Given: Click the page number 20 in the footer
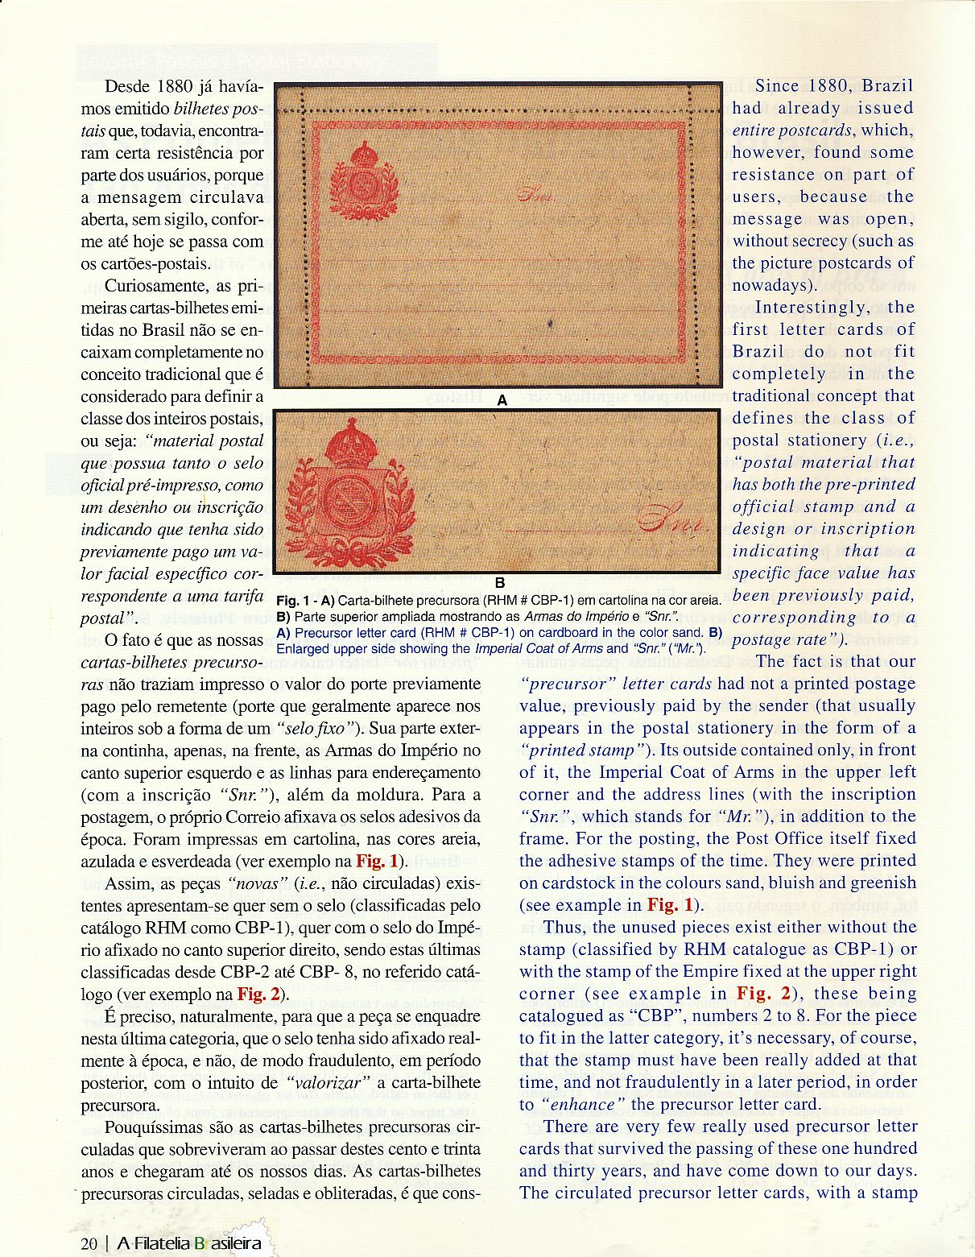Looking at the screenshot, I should (x=89, y=1243).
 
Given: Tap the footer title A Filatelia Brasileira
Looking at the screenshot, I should (x=189, y=1243).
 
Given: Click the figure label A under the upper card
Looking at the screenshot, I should (x=502, y=399).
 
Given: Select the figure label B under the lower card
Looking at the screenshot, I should (x=499, y=582).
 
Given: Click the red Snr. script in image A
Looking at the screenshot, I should (x=534, y=194).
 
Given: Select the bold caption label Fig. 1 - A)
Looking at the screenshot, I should (x=305, y=601).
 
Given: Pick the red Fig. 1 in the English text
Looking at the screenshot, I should (x=670, y=904).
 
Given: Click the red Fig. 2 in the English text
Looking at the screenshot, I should (x=759, y=993).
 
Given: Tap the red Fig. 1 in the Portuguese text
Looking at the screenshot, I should (x=377, y=861).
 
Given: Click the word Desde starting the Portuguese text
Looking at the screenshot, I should (x=128, y=86).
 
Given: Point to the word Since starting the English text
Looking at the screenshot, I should (x=777, y=86).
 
